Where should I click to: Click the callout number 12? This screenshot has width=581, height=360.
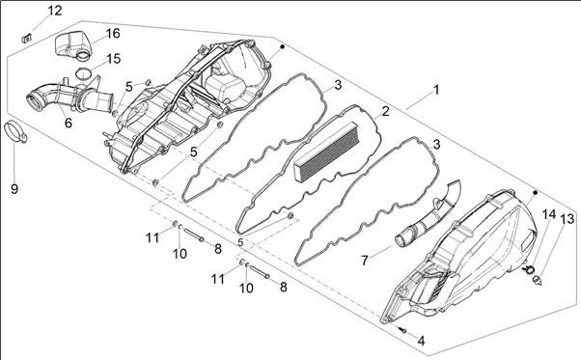coord(54,11)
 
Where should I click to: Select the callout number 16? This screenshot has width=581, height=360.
coord(113,34)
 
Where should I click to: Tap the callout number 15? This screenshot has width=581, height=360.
coord(113,59)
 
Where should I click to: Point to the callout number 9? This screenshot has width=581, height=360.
coord(14,189)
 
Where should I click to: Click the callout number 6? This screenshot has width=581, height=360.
coord(69,123)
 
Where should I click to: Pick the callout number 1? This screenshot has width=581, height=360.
coord(436,90)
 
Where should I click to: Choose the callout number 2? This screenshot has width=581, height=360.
coord(385,111)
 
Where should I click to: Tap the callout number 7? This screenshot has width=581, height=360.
coord(365,261)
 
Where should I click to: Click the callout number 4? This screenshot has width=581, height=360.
coord(421,341)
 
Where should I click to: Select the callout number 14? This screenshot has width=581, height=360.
coord(549,214)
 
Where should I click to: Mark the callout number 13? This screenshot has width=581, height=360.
coord(567,218)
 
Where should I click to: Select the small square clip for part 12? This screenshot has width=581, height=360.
coord(27,38)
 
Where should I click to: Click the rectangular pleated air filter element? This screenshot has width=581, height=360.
coord(326,152)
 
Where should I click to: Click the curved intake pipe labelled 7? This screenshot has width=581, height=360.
coord(429,218)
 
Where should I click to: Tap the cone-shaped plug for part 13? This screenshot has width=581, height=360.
coord(538,280)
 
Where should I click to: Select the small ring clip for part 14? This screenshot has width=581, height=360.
coord(528,268)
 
